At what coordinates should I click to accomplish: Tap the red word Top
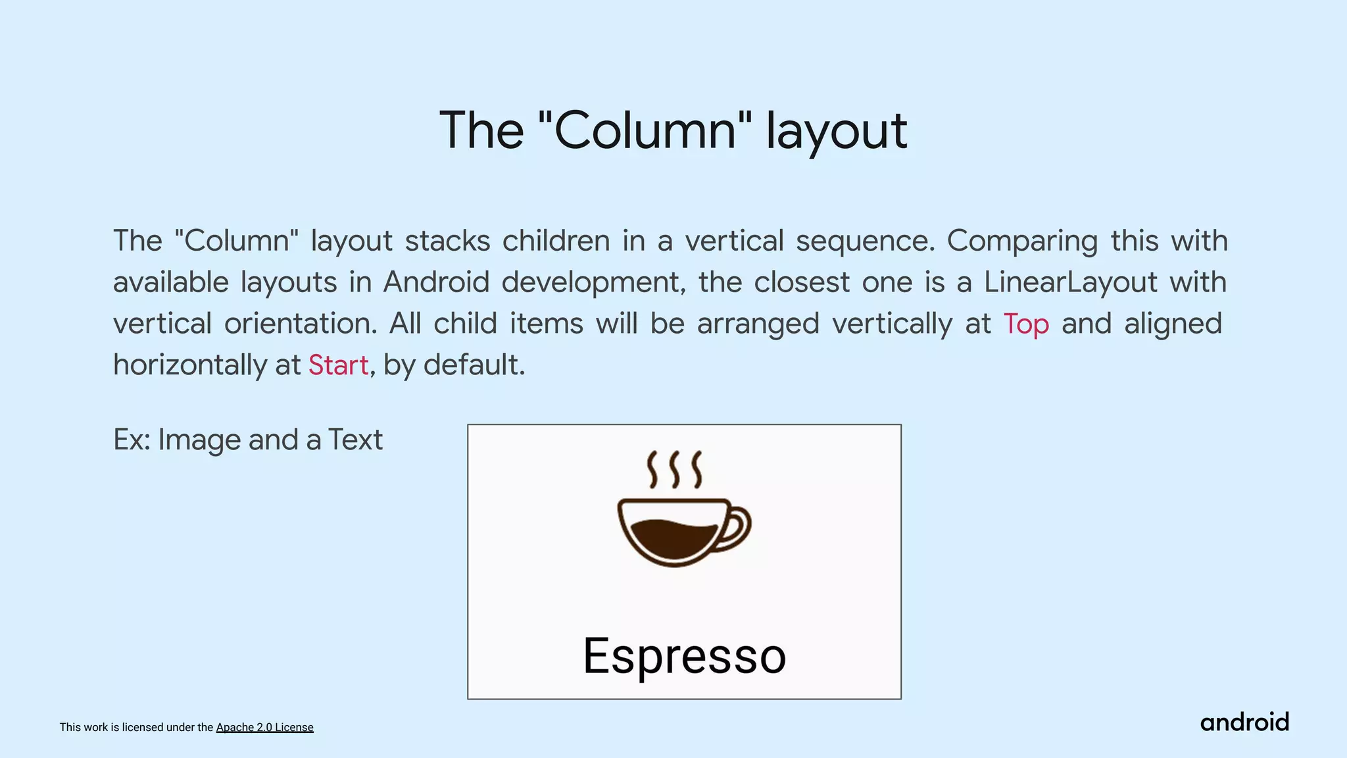point(1025,324)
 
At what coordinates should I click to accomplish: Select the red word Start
point(338,365)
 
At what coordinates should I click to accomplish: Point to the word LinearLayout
point(1070,282)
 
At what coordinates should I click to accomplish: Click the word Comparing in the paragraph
point(1022,241)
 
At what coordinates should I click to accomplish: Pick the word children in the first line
point(556,241)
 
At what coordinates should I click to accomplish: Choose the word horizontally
point(187,365)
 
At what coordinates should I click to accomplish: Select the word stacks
point(447,241)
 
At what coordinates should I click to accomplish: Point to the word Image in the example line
point(199,440)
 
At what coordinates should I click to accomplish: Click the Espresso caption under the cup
point(684,656)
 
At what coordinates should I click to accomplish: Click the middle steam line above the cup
point(673,469)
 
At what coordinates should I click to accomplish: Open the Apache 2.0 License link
point(264,727)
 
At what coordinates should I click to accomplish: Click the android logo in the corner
point(1244,722)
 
